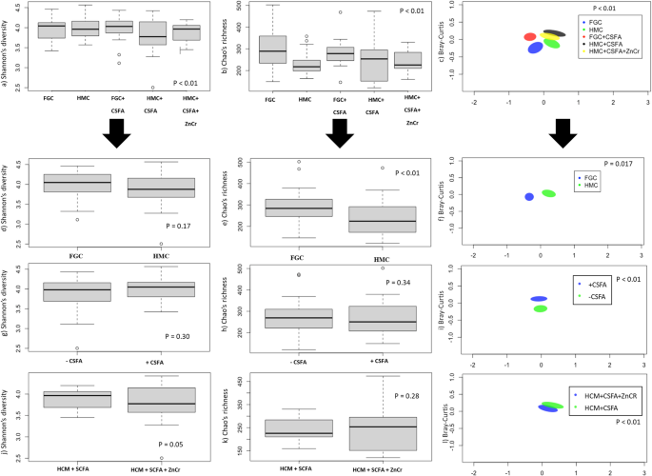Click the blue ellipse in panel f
[x=529, y=196]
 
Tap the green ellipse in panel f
[x=548, y=193]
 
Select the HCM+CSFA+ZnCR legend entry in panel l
[x=608, y=394]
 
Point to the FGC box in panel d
[x=71, y=182]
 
